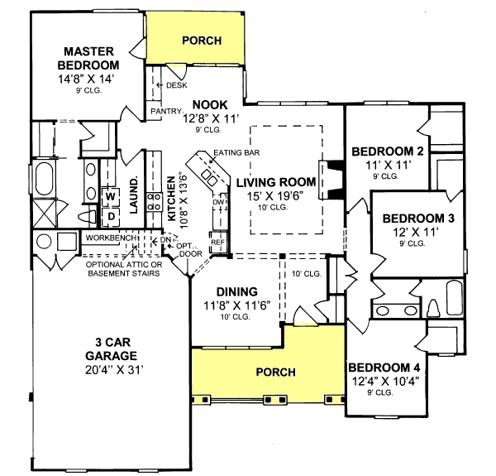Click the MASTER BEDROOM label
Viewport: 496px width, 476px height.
click(x=88, y=57)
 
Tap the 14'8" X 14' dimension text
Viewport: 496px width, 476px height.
click(x=88, y=79)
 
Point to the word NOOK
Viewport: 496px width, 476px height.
click(x=211, y=104)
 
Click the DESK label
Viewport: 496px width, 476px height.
click(x=176, y=84)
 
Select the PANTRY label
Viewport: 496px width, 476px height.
click(x=165, y=110)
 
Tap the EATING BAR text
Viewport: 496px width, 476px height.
click(x=231, y=153)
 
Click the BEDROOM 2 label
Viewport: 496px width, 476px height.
click(x=388, y=151)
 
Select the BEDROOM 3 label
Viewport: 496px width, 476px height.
click(x=417, y=219)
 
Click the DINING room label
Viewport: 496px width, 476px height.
click(x=237, y=291)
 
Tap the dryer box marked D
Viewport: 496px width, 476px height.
click(x=110, y=216)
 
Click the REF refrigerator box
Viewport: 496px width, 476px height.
click(x=218, y=243)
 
